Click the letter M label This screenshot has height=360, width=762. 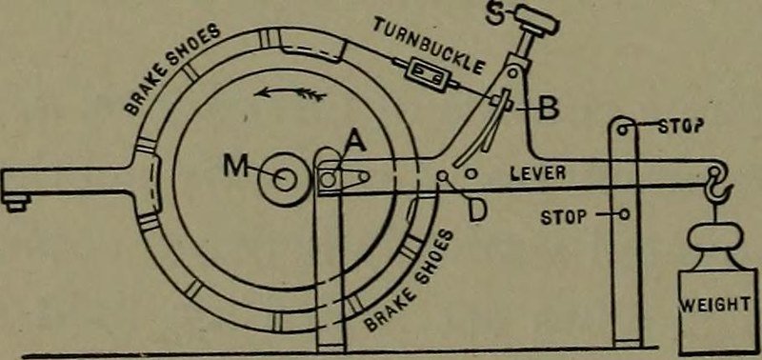tap(234, 167)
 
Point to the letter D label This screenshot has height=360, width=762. tap(477, 211)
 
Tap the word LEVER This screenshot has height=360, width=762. tap(538, 172)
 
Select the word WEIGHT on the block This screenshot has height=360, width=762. tap(718, 305)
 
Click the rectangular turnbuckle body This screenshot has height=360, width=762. tap(426, 73)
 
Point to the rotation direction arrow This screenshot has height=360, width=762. tap(290, 91)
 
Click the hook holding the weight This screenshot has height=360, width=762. tap(719, 189)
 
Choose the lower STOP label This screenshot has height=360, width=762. tap(564, 217)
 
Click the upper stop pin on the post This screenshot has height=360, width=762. tap(623, 129)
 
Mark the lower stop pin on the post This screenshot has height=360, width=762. tap(624, 213)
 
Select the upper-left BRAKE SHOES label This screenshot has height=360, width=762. tap(173, 67)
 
